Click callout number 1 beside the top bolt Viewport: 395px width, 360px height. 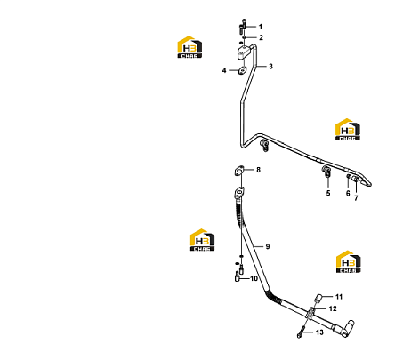(x=261, y=27)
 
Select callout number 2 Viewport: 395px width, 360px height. (x=261, y=37)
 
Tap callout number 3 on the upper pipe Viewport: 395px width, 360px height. (x=270, y=67)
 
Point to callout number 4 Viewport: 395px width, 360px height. (x=224, y=70)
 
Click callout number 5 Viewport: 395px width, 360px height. (x=328, y=193)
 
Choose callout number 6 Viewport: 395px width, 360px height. (x=348, y=194)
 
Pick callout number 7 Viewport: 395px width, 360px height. (x=356, y=198)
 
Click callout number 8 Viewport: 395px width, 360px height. (x=258, y=170)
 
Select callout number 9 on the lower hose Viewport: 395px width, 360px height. (x=268, y=246)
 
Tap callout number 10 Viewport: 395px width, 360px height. (x=254, y=278)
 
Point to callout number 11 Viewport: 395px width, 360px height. (x=339, y=297)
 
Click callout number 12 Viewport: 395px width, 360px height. (x=333, y=308)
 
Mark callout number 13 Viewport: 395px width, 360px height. (x=319, y=332)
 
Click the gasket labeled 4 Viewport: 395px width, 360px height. (x=242, y=70)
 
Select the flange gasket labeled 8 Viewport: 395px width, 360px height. (x=239, y=171)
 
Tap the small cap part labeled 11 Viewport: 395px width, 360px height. (x=318, y=298)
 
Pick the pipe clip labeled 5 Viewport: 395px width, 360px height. (x=326, y=172)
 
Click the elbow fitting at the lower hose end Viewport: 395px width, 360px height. (x=345, y=328)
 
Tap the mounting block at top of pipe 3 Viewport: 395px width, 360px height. (x=244, y=52)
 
